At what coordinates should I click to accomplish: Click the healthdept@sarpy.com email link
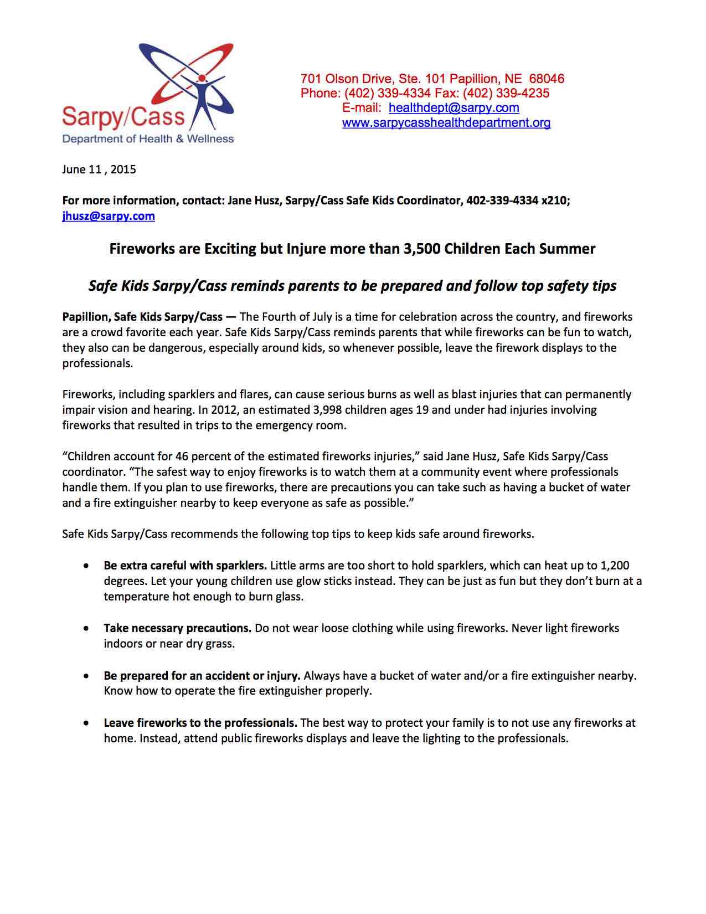(x=454, y=108)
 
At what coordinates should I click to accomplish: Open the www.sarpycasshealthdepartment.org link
(x=446, y=123)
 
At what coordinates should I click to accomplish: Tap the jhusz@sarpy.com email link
(x=109, y=216)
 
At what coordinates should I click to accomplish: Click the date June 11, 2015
(x=99, y=170)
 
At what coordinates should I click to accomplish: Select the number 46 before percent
(x=182, y=456)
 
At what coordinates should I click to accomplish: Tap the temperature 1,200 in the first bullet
(x=615, y=566)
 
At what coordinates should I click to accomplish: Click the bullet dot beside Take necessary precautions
(x=86, y=629)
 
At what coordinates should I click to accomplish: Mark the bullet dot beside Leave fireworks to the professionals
(x=86, y=723)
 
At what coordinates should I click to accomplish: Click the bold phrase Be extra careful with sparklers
(x=185, y=566)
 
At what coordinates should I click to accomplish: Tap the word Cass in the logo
(x=161, y=116)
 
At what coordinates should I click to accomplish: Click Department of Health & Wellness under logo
(x=148, y=138)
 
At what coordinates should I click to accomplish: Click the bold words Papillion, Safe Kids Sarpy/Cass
(x=142, y=317)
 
